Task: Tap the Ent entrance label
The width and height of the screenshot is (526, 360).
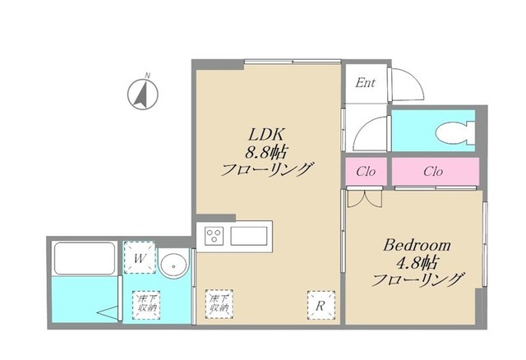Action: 365,82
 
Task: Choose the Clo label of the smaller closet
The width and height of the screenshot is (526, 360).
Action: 366,172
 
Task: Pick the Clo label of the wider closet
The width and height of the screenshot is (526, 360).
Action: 433,172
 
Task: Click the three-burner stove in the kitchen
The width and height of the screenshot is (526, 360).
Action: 215,237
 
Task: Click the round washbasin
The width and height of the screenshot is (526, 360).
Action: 173,265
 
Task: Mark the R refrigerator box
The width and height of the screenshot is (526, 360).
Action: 320,304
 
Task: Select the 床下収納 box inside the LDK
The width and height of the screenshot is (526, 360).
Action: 218,304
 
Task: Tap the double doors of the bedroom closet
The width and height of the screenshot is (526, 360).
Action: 363,198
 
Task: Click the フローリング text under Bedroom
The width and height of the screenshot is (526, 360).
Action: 417,279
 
